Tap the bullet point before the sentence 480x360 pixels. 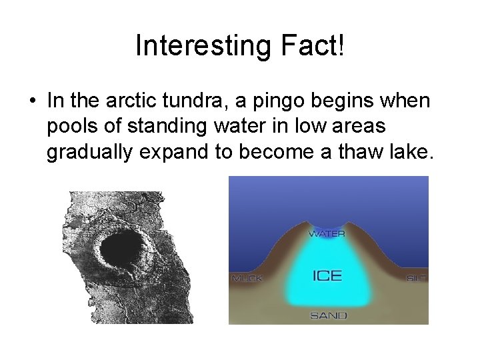(32, 101)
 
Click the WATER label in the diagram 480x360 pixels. (327, 234)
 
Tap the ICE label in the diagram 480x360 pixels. (327, 275)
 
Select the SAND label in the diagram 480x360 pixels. (328, 315)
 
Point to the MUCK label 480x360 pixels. (247, 278)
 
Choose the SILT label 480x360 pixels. (416, 278)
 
